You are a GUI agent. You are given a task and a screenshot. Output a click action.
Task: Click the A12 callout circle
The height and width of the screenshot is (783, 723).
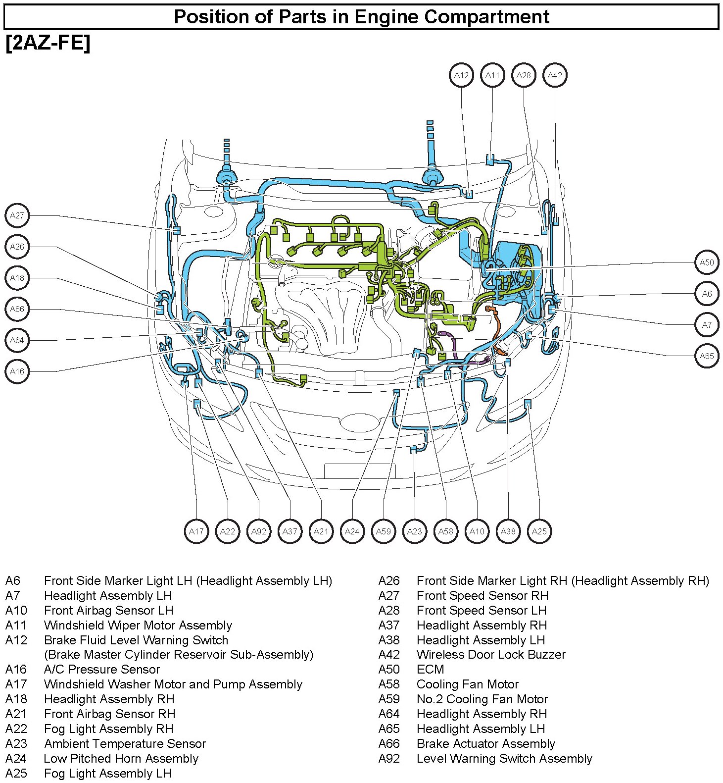click(461, 75)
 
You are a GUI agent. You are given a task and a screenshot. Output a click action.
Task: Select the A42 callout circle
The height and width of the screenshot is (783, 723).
click(555, 75)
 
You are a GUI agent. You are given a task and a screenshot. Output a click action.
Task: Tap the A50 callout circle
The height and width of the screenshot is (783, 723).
click(707, 262)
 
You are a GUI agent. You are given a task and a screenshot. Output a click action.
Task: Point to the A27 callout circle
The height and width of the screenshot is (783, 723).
click(17, 215)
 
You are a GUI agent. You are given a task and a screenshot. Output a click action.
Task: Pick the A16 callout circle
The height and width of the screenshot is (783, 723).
click(17, 371)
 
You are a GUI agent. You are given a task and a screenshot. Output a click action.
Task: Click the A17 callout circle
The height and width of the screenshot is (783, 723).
click(196, 531)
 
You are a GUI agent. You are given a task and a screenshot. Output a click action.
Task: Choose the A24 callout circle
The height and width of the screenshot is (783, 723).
click(352, 531)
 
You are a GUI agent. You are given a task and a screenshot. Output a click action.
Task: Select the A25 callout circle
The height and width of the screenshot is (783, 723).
click(539, 531)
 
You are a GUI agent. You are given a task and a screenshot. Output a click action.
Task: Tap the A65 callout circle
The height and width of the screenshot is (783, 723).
click(707, 356)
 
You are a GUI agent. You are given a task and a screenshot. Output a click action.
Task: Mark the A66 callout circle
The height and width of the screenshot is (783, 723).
click(17, 309)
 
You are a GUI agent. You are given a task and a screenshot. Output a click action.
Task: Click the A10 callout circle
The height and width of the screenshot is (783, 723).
click(477, 531)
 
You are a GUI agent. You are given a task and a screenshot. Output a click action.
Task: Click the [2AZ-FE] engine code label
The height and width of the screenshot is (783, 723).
click(48, 43)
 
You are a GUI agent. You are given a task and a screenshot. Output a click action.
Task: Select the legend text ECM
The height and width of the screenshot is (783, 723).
click(430, 669)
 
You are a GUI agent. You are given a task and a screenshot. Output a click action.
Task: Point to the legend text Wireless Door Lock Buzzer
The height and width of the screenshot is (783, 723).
click(491, 654)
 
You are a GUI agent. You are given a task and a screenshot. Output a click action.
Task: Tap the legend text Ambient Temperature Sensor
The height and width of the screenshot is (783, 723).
click(125, 743)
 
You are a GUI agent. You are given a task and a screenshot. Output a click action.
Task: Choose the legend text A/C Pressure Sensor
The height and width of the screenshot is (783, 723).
click(102, 669)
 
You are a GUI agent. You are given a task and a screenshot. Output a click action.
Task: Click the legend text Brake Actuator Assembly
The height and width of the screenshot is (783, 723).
click(485, 743)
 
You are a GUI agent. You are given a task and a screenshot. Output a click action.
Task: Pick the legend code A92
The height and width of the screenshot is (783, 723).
click(389, 758)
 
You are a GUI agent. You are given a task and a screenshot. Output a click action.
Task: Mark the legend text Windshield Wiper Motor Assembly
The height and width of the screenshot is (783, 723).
click(138, 625)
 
